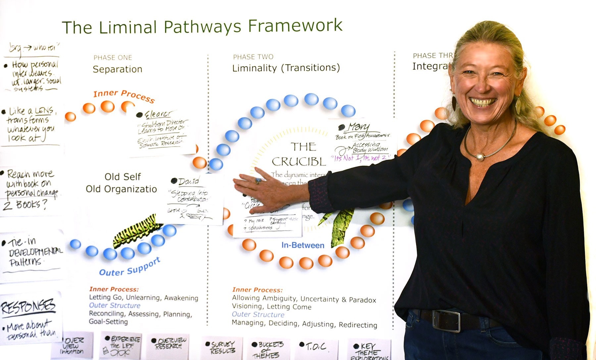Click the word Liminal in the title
128,27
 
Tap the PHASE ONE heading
113,58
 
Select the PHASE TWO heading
253,57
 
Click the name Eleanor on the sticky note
158,114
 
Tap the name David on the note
189,181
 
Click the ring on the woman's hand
258,181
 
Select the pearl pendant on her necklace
479,157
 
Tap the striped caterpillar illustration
134,231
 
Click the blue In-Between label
303,245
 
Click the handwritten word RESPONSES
28,307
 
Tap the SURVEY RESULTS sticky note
223,347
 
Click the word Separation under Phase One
117,69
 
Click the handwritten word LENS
44,110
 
